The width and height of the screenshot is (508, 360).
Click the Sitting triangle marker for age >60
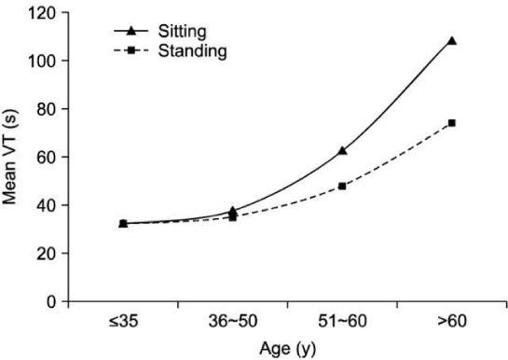452,41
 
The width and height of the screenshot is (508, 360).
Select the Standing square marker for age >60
452,123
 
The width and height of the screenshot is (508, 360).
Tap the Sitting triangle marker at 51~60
342,151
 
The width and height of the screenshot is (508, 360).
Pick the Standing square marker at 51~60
342,187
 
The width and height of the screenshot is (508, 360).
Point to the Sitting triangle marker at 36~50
233,211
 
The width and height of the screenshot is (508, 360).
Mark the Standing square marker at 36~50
233,217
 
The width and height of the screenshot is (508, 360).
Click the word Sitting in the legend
182,32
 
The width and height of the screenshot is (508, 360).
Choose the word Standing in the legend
192,51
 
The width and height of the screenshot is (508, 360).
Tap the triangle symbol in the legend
130,31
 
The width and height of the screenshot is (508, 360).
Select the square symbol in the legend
130,50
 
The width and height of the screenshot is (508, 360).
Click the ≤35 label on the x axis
123,322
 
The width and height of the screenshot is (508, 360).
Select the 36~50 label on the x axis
233,322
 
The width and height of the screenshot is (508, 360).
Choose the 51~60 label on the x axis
342,322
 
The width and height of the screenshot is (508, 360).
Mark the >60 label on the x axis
452,322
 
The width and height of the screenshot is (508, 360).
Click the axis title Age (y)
287,349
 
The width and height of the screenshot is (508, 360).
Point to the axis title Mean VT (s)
9,157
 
